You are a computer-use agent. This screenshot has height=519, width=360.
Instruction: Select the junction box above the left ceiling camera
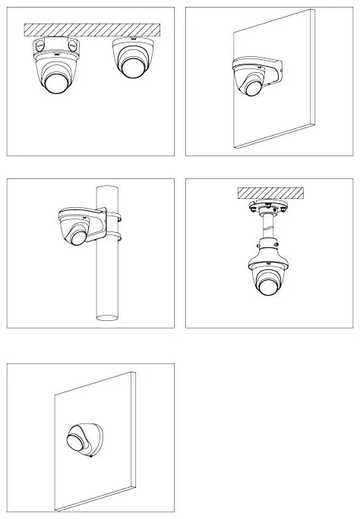[54, 46]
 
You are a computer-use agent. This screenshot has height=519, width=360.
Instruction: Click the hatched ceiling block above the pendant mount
[270, 192]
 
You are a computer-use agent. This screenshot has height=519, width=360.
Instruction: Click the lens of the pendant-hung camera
[268, 288]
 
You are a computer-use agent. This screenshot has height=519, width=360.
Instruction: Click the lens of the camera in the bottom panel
[77, 439]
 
